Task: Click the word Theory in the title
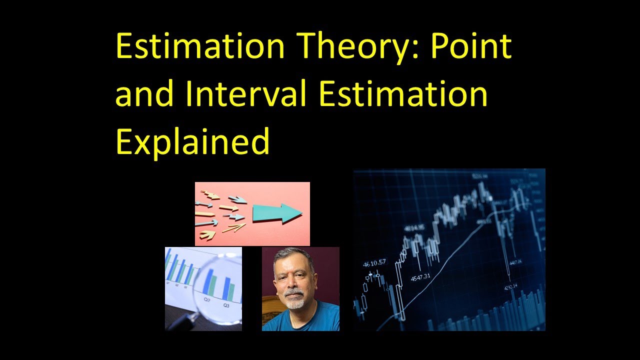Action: click(350, 46)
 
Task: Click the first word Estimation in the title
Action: click(200, 46)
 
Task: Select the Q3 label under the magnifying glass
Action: click(226, 304)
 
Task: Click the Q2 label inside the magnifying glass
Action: click(207, 299)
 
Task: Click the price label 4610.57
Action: click(374, 262)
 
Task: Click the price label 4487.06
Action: click(513, 261)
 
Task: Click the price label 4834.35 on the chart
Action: click(414, 228)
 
